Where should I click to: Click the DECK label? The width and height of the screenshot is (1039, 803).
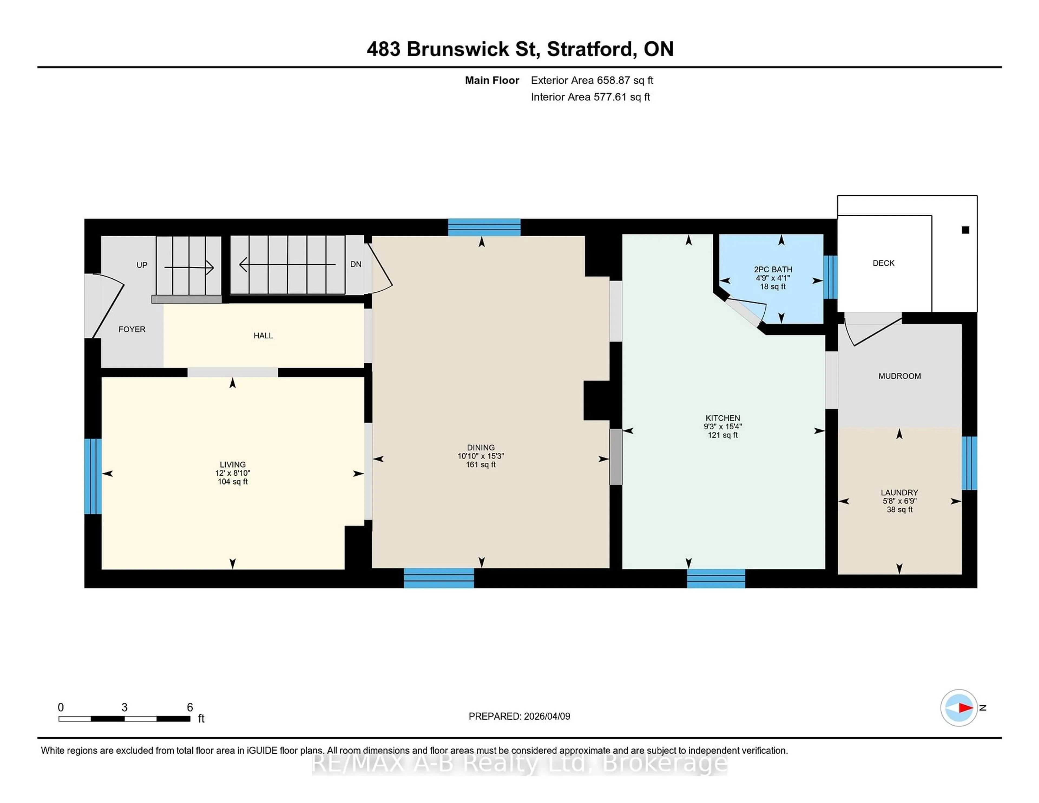[883, 263]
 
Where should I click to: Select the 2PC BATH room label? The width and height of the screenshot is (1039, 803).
[772, 269]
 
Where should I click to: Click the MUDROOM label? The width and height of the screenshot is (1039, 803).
[899, 376]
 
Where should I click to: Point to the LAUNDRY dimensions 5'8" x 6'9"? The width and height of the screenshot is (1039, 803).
[899, 501]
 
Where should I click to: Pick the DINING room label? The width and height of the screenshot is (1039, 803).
[481, 447]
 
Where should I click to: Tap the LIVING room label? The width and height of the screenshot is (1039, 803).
[233, 464]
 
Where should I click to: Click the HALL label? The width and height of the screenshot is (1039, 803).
[263, 335]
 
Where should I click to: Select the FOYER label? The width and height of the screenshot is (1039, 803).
[132, 329]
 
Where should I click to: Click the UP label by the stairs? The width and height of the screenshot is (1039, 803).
[142, 265]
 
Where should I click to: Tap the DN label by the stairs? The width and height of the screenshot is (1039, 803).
[355, 264]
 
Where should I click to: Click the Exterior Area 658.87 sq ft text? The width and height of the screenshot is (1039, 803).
[592, 80]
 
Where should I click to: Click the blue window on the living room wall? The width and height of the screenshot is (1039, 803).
[93, 476]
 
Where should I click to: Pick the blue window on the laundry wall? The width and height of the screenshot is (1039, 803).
[969, 463]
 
